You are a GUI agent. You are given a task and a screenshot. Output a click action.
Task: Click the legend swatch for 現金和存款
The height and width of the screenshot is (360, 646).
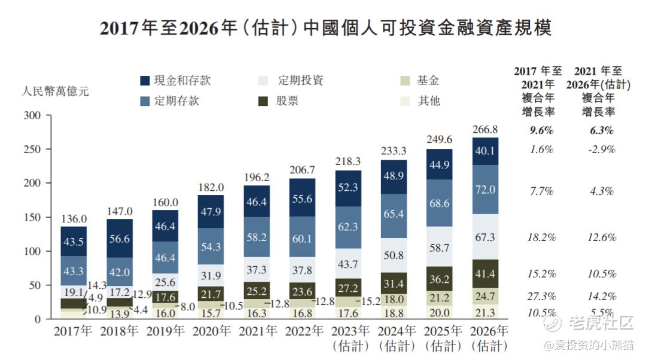click(145, 81)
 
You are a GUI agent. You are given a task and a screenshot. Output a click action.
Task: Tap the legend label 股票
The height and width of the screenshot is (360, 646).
click(287, 100)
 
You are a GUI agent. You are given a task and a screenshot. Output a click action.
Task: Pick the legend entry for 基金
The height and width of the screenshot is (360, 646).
click(428, 81)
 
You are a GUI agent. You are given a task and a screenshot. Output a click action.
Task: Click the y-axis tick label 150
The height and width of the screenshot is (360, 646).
click(32, 218)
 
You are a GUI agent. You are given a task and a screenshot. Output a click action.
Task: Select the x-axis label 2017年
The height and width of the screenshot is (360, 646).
click(73, 331)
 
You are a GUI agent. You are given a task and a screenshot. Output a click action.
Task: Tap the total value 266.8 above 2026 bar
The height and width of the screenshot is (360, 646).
click(485, 129)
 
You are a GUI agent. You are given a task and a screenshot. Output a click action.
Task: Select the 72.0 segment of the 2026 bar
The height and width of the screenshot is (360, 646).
click(485, 190)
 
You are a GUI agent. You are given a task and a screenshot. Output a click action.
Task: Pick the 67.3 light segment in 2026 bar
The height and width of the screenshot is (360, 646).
click(485, 237)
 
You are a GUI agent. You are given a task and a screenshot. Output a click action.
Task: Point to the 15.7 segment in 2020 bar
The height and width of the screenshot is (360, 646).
click(211, 312)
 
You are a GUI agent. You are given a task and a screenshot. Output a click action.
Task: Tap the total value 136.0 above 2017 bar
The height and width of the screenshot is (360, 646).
click(74, 219)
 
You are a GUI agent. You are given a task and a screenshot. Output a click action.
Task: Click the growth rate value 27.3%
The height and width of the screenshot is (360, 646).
click(543, 296)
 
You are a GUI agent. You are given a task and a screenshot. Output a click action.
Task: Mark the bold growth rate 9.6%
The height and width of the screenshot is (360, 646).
click(543, 130)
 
